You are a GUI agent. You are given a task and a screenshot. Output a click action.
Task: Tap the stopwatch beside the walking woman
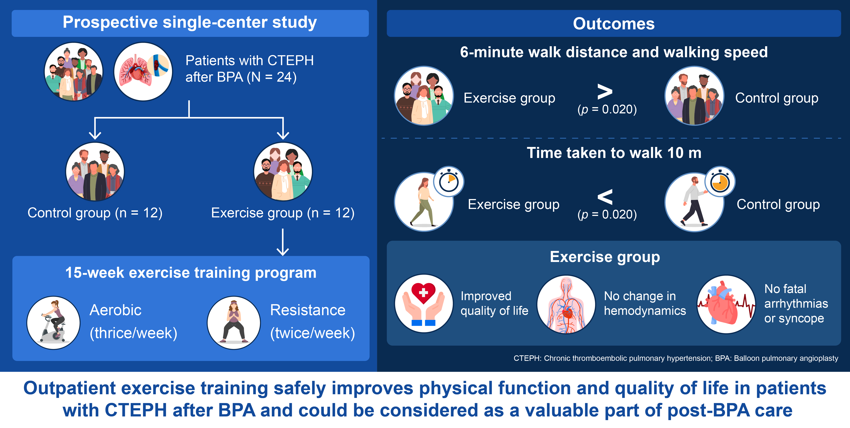(449, 182)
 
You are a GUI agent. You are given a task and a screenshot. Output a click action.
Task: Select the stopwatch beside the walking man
(720, 182)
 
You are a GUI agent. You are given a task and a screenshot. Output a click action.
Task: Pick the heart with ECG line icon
(726, 304)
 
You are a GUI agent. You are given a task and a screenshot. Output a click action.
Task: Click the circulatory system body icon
(566, 304)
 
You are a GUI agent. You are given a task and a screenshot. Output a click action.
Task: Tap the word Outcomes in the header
(614, 24)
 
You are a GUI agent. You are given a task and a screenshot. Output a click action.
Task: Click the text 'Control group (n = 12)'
(95, 213)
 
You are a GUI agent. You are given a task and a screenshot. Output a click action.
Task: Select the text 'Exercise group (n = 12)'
(283, 213)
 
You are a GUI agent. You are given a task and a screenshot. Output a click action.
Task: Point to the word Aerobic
(115, 310)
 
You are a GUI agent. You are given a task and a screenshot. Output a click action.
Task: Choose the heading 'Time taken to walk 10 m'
(614, 153)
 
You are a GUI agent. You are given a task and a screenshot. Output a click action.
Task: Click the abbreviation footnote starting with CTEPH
(676, 358)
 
